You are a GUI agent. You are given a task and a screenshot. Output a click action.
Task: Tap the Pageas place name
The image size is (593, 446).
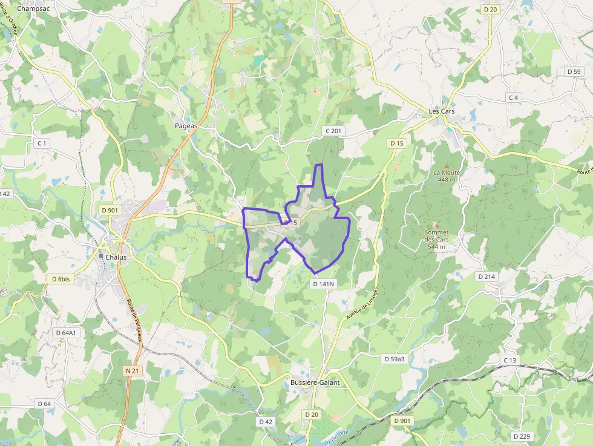tap(186, 126)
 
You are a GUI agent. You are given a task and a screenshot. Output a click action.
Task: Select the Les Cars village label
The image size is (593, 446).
tap(441, 112)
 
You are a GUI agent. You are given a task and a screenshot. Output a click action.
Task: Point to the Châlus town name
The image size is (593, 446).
tap(116, 257)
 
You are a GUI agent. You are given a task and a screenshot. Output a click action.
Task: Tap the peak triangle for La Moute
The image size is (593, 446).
tap(447, 165)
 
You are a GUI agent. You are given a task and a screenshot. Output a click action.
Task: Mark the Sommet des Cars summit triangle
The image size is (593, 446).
tap(436, 225)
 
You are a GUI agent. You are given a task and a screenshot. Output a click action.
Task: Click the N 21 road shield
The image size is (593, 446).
tap(133, 370)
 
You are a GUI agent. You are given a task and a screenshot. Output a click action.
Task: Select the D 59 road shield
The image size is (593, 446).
tap(574, 71)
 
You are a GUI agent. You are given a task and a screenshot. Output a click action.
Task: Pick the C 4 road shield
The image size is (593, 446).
tap(514, 97)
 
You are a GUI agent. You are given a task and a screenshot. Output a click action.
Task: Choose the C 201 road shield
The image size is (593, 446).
tap(333, 131)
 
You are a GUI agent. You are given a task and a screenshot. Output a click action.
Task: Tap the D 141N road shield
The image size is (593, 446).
tap(323, 283)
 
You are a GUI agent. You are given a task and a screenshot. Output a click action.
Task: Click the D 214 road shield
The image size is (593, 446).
tap(487, 277)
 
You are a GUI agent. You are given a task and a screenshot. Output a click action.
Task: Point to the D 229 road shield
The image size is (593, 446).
tap(522, 436)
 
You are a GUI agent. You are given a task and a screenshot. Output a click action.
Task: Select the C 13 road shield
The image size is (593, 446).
tap(510, 360)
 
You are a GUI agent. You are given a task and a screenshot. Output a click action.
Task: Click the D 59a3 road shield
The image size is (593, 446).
tap(394, 359)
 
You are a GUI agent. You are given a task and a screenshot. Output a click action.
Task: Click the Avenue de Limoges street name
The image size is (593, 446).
tap(362, 303)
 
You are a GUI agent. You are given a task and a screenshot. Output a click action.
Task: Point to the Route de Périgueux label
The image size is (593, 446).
tap(134, 320)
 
